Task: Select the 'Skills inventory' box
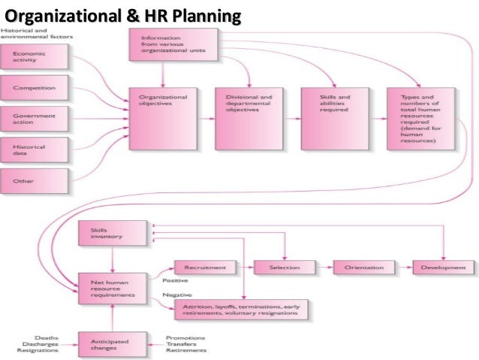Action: pos(110,234)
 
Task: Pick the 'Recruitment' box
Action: pos(205,268)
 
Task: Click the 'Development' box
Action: pos(444,268)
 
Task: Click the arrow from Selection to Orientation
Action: pos(324,268)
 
